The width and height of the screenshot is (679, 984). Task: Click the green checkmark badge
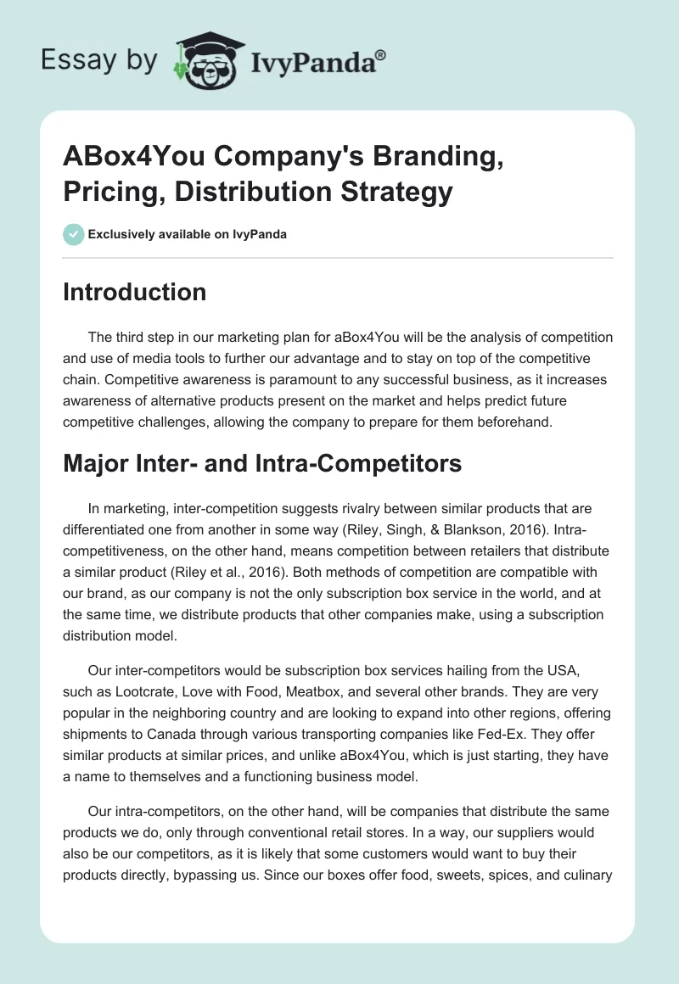coord(74,235)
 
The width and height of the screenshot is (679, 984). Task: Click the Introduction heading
coord(135,293)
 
